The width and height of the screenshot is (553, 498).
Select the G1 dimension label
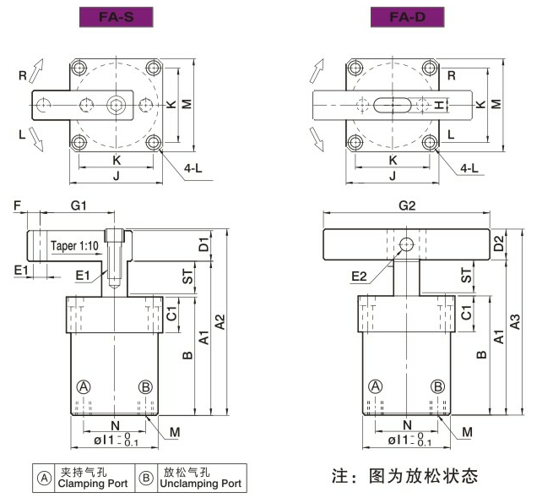coord(79,206)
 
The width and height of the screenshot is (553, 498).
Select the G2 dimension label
coord(406,205)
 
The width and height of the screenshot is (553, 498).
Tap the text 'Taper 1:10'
coord(74,246)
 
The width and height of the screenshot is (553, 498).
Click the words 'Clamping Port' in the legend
coord(89,484)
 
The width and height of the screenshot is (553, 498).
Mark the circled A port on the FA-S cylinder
coord(84,386)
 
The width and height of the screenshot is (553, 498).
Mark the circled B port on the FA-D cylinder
coord(438,386)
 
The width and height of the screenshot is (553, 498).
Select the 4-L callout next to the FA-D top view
coord(471,168)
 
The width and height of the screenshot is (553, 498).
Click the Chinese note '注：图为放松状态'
coord(405,475)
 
